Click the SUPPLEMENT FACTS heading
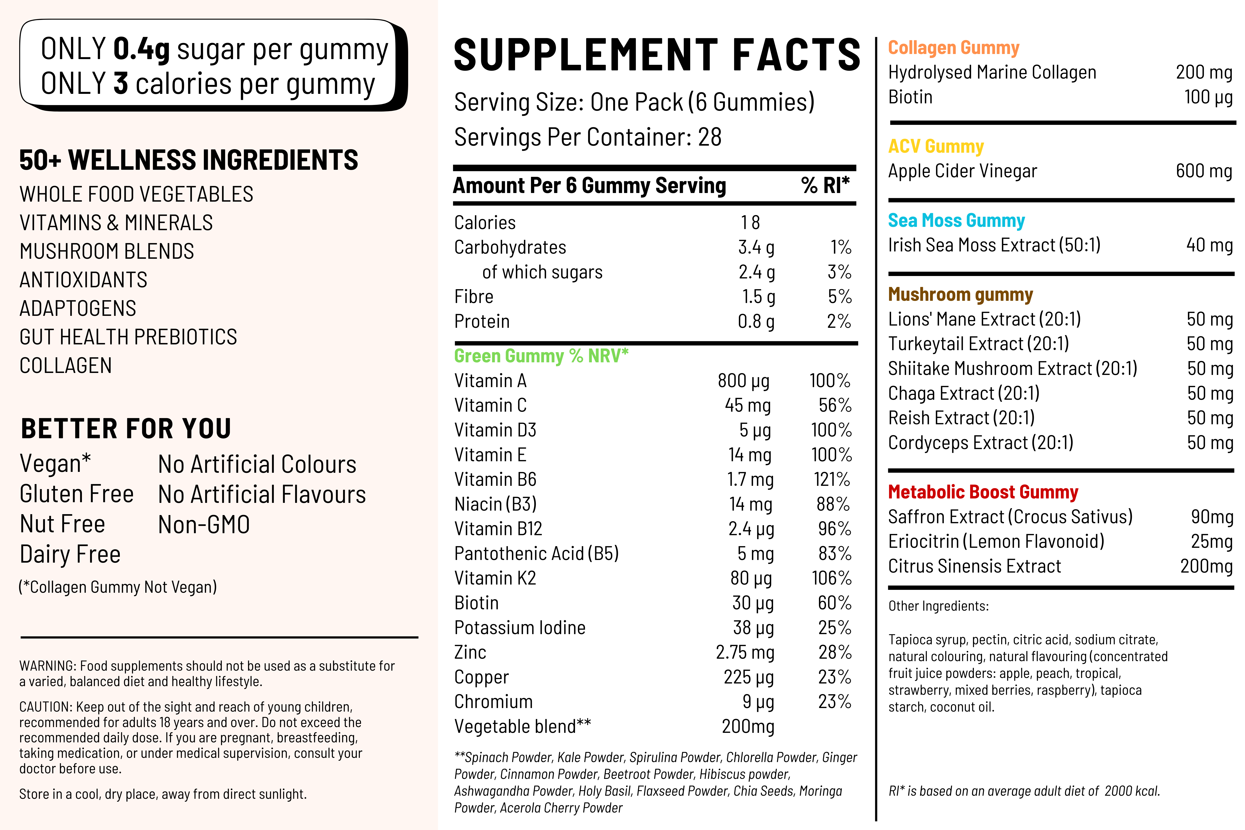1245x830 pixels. (657, 55)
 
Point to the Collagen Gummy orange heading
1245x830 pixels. (953, 48)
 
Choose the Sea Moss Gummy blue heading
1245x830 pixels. (956, 220)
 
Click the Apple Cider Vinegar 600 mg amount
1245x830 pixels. (1204, 171)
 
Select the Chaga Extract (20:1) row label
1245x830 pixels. (963, 393)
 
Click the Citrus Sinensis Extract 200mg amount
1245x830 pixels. (1206, 566)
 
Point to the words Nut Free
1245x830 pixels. (62, 524)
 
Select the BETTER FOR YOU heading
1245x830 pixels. (126, 429)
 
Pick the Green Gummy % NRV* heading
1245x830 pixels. (541, 356)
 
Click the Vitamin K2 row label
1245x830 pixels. (495, 578)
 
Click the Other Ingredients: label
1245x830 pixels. (938, 606)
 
